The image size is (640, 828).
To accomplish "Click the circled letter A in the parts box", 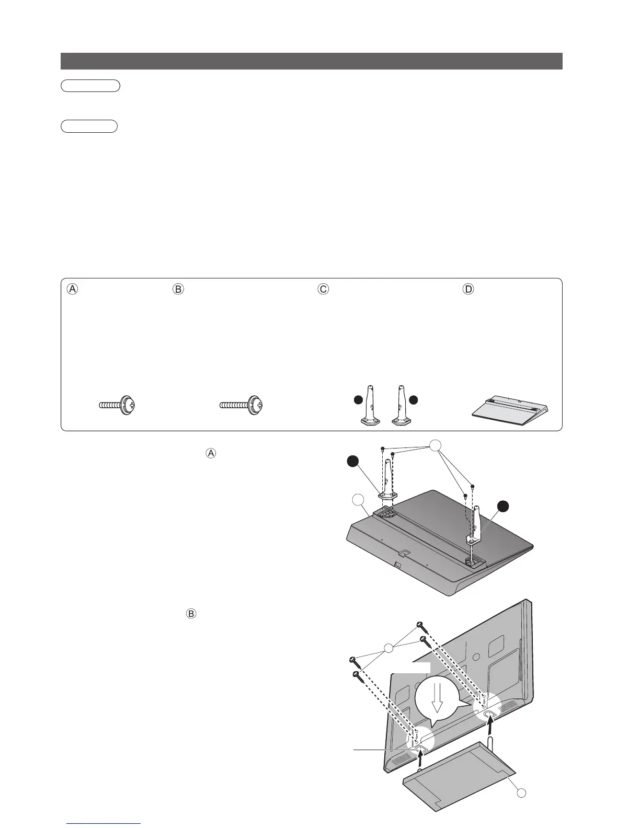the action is pos(73,289).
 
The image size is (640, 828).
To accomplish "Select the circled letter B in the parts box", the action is pos(178,289).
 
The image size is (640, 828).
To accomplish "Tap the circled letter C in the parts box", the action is pos(324,289).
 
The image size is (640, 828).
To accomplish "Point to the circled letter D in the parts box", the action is pos(468,289).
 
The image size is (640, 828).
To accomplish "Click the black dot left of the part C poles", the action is pos(358,400).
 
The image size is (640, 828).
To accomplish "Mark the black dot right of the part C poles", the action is pos(414,400).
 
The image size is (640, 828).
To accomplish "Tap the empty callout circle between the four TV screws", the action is pos(388,649).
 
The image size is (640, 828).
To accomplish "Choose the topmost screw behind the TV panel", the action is pos(419,624).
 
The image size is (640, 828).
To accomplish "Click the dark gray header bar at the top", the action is pos(311,61).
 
